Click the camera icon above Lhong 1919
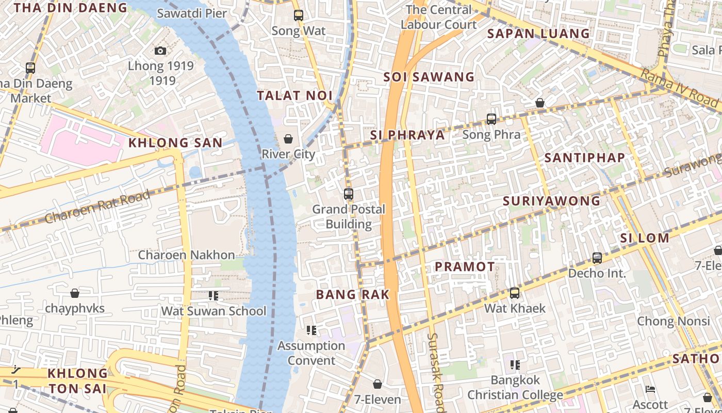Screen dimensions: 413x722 [x=160, y=51]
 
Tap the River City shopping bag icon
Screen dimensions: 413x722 [x=288, y=139]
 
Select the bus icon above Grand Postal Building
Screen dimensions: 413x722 [x=349, y=194]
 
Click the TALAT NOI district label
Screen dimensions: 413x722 [x=294, y=96]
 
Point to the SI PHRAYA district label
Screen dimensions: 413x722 [x=407, y=135]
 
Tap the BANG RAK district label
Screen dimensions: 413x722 [x=352, y=295]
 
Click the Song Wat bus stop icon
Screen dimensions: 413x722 [x=299, y=15]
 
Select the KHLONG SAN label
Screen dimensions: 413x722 [x=175, y=143]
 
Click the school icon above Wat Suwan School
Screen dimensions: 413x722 [x=214, y=296]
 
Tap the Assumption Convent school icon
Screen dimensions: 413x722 [x=311, y=330]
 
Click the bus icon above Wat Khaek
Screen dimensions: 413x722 [x=514, y=293]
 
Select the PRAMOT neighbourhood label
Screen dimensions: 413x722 [x=465, y=266]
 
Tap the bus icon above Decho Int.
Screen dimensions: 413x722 [x=597, y=258]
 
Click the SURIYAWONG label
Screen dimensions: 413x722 [x=551, y=201]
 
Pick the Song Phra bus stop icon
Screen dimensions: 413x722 [x=491, y=119]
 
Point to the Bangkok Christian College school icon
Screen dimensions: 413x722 [x=515, y=365]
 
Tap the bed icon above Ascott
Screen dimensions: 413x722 [x=650, y=389]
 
